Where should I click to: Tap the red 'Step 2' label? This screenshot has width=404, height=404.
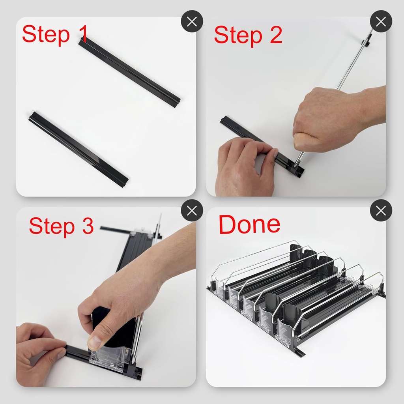tap(248, 35)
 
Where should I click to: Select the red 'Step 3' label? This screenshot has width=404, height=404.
tap(61, 226)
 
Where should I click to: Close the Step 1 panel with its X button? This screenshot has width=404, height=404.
tap(192, 21)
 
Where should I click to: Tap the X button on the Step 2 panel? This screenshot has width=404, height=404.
tap(381, 21)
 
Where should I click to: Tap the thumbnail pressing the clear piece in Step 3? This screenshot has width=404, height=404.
tap(95, 342)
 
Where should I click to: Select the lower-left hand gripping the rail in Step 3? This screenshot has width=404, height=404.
tap(37, 353)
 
